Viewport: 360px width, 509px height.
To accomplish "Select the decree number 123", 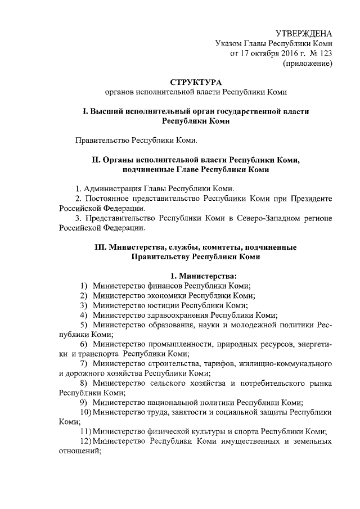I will coord(325,53).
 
